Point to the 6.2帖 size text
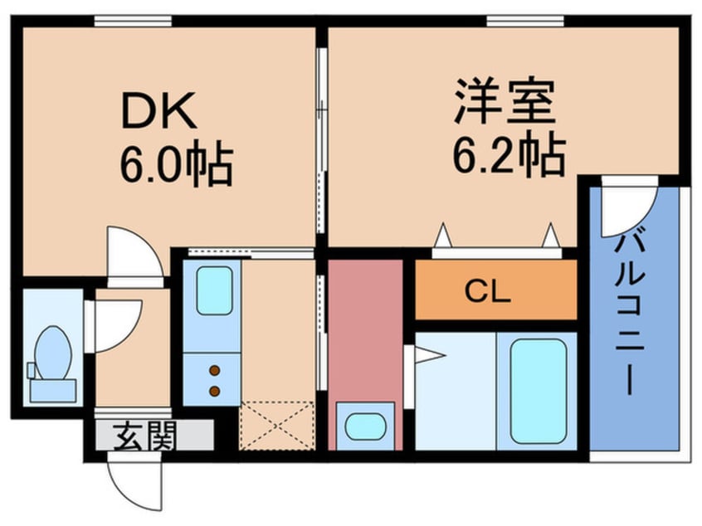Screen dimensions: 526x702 (509, 153)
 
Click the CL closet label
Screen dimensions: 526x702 (487, 291)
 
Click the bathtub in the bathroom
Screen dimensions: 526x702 (538, 390)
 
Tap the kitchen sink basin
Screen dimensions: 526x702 (213, 290)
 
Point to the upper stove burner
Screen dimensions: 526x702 (215, 371)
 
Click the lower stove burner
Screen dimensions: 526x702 (215, 390)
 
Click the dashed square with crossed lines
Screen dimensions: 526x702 (276, 426)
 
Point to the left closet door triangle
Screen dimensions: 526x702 (442, 236)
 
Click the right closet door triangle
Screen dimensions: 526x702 (549, 236)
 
